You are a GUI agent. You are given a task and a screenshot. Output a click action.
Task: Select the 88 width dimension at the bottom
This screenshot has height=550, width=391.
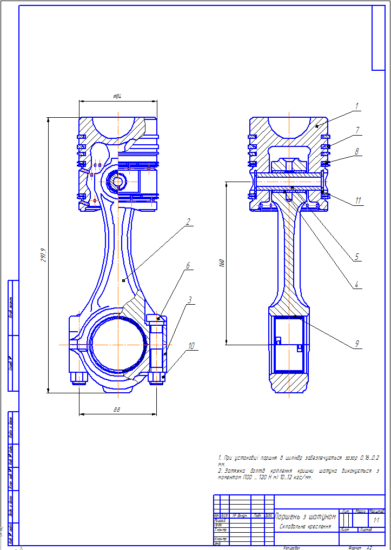(116, 410)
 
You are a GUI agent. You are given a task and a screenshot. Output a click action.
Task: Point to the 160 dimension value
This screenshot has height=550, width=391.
(221, 263)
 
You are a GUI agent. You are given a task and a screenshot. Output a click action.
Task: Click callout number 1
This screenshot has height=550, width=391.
(357, 105)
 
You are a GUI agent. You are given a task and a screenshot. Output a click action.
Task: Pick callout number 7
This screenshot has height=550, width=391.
(357, 130)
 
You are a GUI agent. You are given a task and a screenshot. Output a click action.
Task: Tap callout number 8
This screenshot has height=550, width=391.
(357, 152)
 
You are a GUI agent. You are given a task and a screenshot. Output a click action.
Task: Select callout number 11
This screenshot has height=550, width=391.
(357, 200)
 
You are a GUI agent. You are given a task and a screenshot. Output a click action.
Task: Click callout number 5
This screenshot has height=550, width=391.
(357, 257)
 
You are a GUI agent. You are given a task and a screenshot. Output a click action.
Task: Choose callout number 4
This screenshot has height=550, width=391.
(357, 284)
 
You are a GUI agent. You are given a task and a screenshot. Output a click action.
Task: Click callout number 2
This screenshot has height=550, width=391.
(188, 221)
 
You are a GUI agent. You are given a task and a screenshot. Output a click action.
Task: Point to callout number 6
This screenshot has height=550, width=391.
(188, 266)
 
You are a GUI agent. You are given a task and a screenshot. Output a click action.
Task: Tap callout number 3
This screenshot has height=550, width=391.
(189, 299)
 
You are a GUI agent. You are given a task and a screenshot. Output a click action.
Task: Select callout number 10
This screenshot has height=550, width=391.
(191, 345)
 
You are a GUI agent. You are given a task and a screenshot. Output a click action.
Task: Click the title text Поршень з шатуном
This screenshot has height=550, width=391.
(306, 517)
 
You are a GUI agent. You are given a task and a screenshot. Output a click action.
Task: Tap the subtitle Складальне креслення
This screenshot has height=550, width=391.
(306, 526)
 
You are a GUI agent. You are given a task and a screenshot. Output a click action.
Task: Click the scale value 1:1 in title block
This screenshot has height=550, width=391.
(376, 520)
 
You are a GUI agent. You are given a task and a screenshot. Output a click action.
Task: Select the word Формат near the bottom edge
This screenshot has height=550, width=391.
(354, 547)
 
